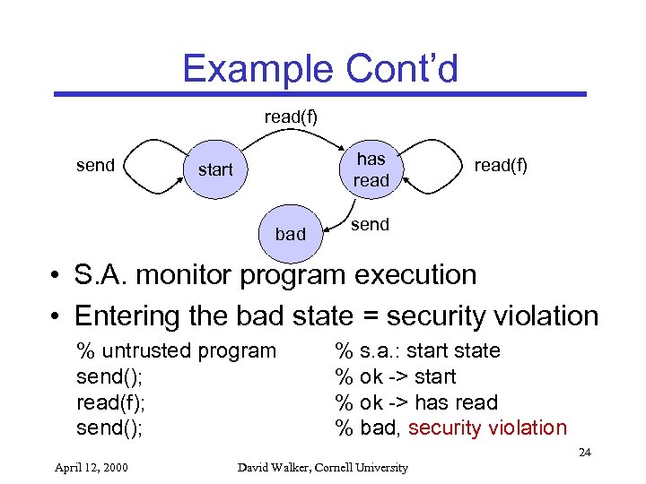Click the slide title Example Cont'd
(319, 68)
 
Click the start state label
(215, 169)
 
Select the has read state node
(371, 169)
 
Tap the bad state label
(290, 234)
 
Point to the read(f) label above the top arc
(290, 117)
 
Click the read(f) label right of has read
(501, 165)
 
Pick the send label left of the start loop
(95, 165)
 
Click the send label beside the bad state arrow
(370, 224)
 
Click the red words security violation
(487, 428)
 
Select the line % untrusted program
(177, 350)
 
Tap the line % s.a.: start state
(417, 350)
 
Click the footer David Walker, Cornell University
(322, 467)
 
